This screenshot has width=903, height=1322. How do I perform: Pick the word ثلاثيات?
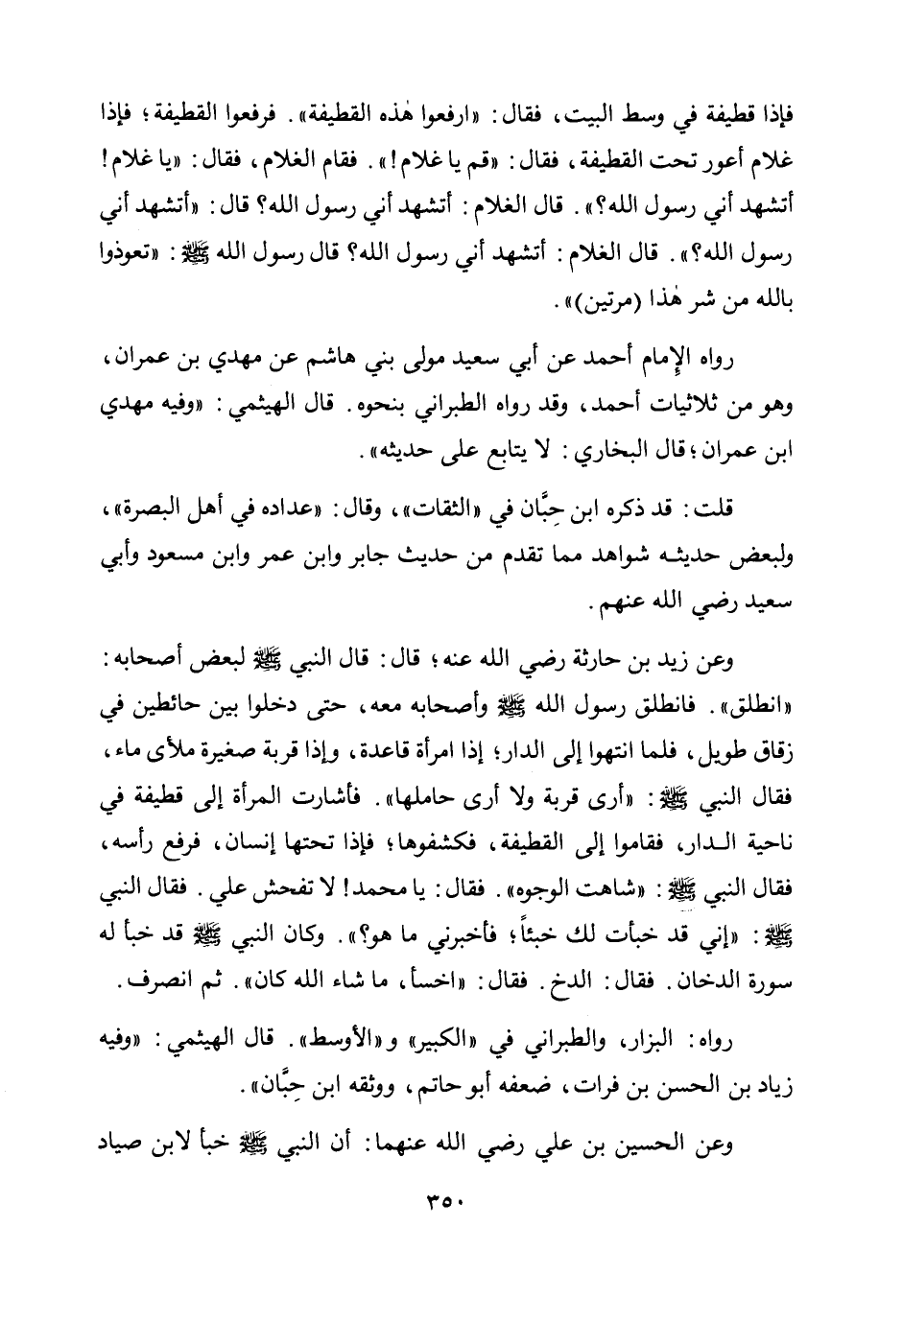click(664, 405)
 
